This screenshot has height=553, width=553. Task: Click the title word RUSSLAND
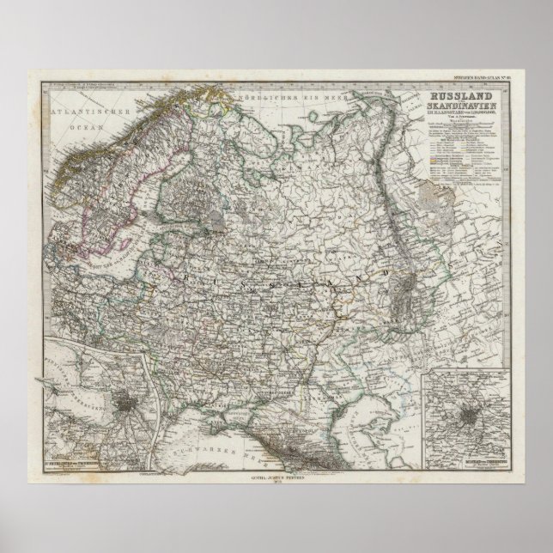[455, 97]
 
